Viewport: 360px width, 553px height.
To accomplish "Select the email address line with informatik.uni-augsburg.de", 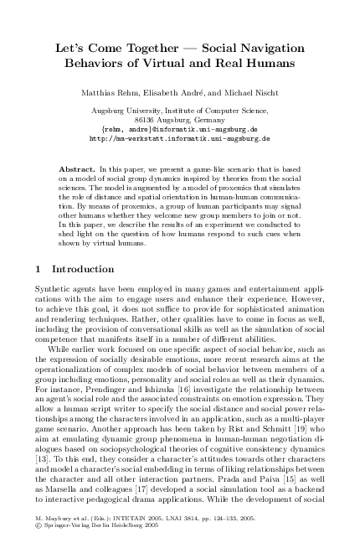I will (180, 130).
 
